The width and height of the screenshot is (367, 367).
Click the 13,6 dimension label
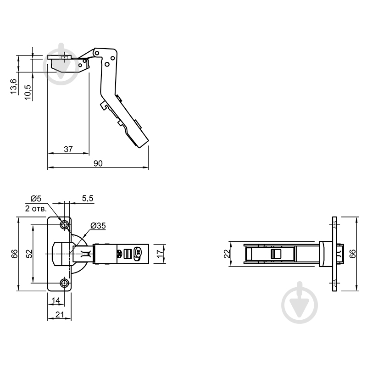pos(14,87)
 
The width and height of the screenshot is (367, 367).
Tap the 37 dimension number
pos(68,149)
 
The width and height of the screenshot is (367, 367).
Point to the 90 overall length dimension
pos(98,163)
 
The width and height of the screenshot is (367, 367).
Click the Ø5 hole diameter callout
pos(36,198)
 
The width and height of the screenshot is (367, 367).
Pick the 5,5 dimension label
pos(88,198)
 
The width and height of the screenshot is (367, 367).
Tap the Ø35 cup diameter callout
pos(98,226)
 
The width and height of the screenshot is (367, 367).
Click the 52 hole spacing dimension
pos(28,254)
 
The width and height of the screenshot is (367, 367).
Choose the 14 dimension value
pos(56,300)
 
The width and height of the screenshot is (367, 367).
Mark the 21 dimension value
pos(59,315)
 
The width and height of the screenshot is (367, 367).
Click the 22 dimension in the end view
pos(226,254)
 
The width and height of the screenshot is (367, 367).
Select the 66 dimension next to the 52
pos(14,254)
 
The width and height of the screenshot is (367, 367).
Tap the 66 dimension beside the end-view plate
pos(352,254)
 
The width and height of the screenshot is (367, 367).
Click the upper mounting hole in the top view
pos(64,224)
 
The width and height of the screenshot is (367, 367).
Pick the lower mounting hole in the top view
pos(64,283)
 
